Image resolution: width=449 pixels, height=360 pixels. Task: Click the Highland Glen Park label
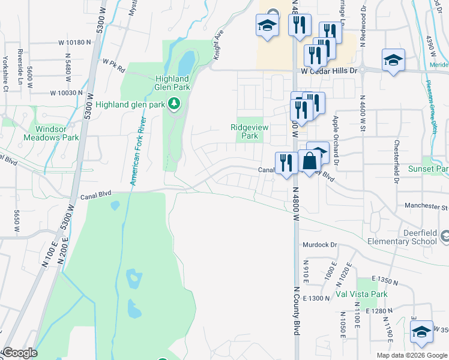click(172, 83)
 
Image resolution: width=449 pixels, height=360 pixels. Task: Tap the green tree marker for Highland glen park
click(175, 104)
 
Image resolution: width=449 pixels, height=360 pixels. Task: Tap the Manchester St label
click(426, 206)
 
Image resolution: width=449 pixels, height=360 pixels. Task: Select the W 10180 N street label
click(74, 43)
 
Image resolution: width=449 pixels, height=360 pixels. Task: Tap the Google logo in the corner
click(20, 352)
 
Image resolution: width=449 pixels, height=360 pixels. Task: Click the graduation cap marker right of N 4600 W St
click(393, 60)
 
